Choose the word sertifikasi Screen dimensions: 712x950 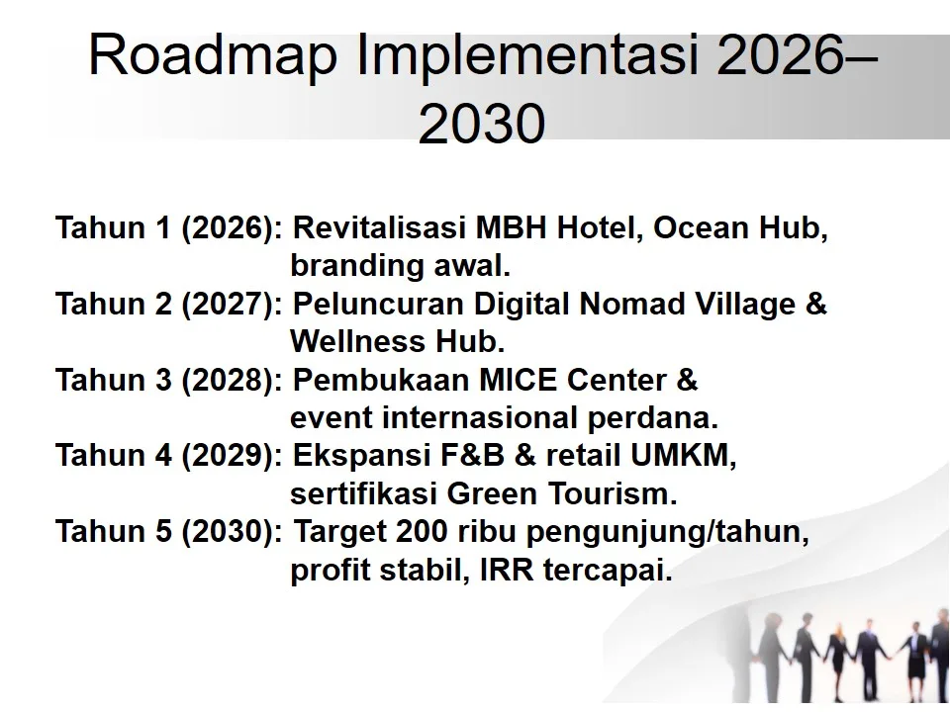click(x=360, y=493)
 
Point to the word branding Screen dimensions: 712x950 click(x=349, y=267)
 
